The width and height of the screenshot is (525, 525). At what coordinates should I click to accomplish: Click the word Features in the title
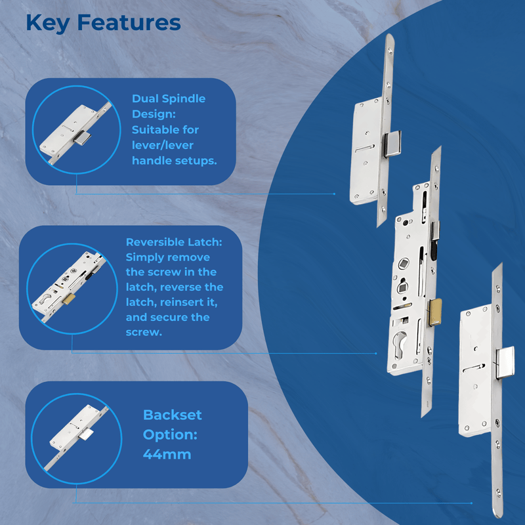[129, 22]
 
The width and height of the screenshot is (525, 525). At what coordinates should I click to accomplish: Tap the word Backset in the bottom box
[173, 415]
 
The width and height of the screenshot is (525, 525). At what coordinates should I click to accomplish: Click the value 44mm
[167, 453]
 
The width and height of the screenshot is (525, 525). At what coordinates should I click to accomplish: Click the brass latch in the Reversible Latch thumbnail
[69, 298]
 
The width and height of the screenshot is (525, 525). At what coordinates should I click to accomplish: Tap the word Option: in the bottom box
[169, 434]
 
